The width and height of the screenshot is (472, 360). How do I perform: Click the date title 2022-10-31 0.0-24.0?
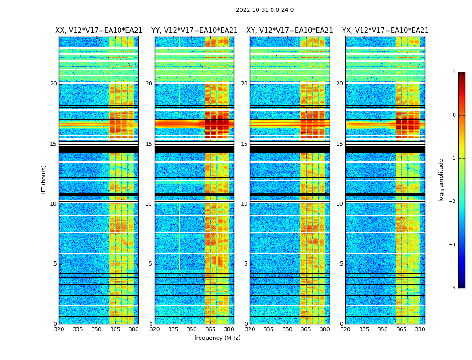click(264, 10)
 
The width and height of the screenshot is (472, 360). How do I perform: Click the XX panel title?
click(99, 31)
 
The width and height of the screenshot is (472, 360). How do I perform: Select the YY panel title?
click(194, 31)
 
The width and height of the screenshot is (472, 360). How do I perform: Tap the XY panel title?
click(289, 31)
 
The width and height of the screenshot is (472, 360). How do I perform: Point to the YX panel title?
click(385, 31)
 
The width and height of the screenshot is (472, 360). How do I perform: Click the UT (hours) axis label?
click(44, 180)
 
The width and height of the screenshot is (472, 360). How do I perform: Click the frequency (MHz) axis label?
click(217, 338)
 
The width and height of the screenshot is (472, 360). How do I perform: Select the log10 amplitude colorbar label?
click(441, 180)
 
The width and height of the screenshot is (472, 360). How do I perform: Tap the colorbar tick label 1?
click(454, 72)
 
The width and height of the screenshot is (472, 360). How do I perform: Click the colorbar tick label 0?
click(454, 115)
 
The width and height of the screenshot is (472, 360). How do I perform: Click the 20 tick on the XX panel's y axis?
click(53, 84)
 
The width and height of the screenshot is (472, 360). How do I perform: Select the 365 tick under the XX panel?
click(115, 329)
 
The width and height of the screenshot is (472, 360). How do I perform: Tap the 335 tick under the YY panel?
click(173, 329)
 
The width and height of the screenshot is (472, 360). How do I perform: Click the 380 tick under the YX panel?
click(420, 329)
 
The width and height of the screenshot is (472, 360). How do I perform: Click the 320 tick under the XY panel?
click(250, 329)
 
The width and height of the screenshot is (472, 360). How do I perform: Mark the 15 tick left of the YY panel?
click(149, 144)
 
